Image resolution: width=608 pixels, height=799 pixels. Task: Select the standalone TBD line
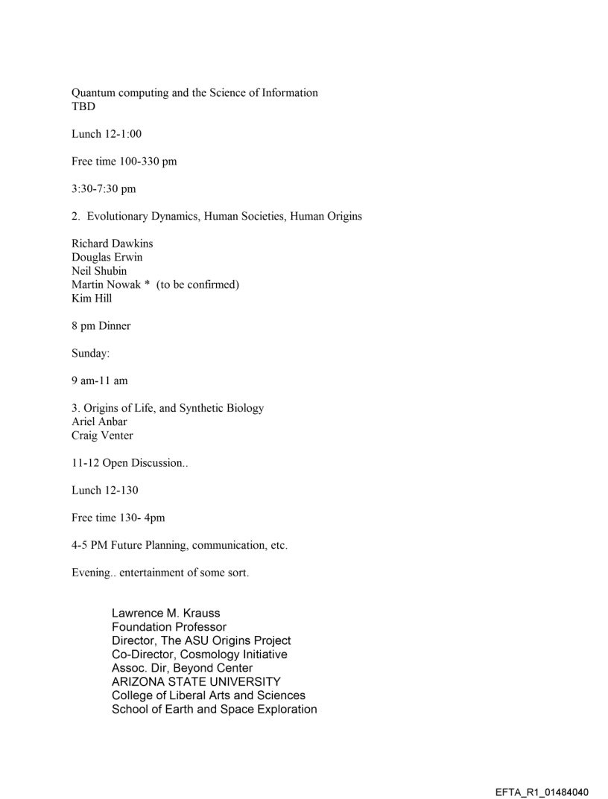coord(83,106)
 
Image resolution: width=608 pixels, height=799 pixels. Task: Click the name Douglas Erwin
coord(107,257)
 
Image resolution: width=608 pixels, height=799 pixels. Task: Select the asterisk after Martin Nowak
coord(148,284)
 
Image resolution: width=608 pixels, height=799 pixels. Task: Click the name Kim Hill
coord(92,298)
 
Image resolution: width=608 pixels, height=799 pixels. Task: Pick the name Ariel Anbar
coord(99,421)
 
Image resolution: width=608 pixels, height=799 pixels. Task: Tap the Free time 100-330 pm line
coord(124,162)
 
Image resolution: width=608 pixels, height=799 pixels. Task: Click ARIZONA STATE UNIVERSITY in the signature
coord(196,681)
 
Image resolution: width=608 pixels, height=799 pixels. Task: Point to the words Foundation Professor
coord(169,627)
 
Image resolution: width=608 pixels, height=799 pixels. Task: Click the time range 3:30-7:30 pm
coord(104,189)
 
